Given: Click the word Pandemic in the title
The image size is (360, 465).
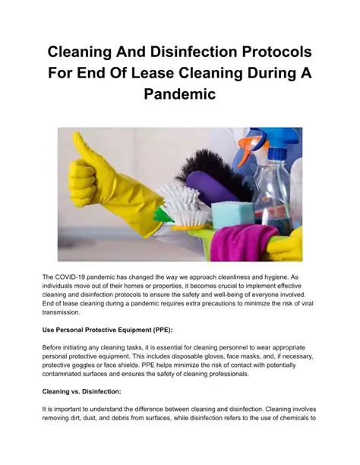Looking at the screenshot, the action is click(x=179, y=95).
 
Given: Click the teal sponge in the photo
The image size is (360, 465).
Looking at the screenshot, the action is click(x=231, y=215).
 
